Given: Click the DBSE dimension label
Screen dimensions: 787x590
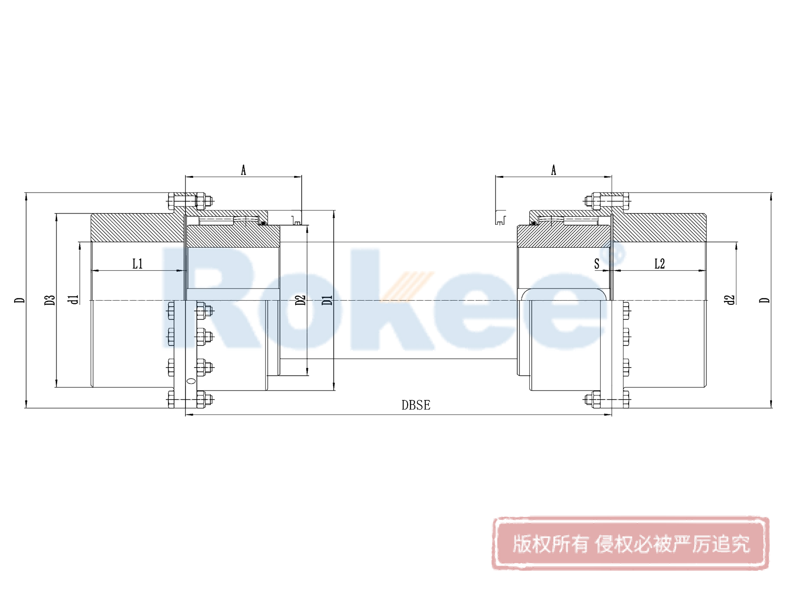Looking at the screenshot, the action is click(416, 405).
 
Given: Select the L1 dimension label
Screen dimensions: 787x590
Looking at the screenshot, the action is click(138, 264).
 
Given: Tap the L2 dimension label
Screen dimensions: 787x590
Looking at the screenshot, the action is click(660, 264).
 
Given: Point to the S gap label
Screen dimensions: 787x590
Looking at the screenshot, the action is click(596, 264).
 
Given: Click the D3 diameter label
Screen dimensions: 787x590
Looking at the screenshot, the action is click(50, 300).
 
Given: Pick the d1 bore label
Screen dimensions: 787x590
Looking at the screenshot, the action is click(74, 300).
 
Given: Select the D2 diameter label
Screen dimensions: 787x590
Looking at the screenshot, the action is click(300, 300).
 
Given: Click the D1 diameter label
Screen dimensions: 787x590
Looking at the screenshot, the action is click(327, 300).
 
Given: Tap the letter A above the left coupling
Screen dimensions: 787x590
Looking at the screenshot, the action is click(244, 170).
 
